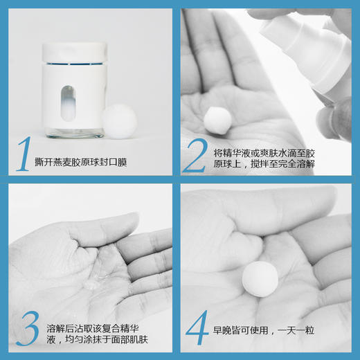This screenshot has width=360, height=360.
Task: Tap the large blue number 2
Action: click(x=195, y=154)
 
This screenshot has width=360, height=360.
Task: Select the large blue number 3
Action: click(x=26, y=328)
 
